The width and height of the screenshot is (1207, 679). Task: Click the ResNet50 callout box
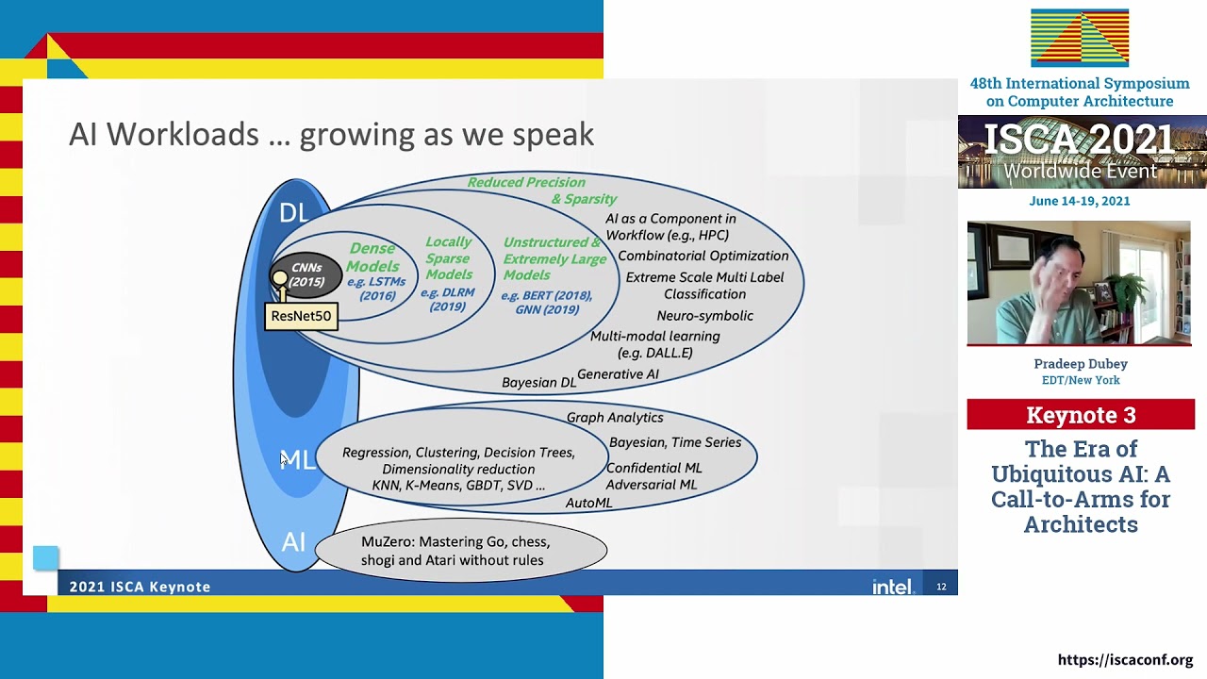(x=301, y=316)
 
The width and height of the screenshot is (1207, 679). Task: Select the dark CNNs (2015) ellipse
(x=306, y=275)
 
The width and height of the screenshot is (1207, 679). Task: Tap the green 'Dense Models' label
(x=372, y=257)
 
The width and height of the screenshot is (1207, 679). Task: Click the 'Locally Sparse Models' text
(x=448, y=258)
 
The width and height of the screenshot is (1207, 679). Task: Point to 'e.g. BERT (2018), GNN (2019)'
(x=547, y=302)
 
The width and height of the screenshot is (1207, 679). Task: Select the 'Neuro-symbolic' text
(x=704, y=316)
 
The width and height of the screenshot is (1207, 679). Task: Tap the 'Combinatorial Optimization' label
(x=703, y=256)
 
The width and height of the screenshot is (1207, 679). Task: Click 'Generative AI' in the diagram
(x=618, y=374)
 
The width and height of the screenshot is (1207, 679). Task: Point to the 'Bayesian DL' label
(x=538, y=383)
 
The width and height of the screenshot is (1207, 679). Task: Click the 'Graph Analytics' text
(x=615, y=418)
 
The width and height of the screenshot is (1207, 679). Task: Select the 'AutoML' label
(x=588, y=504)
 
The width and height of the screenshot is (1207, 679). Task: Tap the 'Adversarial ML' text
(x=652, y=485)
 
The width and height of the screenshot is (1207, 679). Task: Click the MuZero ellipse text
(x=455, y=551)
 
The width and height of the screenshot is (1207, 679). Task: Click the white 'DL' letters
(x=293, y=213)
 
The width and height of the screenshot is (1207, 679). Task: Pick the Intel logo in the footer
(x=891, y=587)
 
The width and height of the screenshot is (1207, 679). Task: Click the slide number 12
(x=941, y=587)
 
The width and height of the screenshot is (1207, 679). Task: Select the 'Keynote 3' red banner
(x=1081, y=415)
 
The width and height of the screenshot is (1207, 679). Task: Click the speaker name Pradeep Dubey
(x=1081, y=364)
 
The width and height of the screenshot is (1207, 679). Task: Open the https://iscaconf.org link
(x=1125, y=660)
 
